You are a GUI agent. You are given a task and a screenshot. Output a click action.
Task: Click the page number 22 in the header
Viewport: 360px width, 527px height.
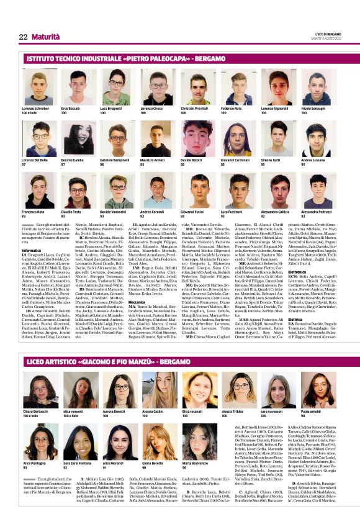[x=23, y=37]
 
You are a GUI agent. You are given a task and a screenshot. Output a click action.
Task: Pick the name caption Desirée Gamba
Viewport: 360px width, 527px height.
[x=72, y=160]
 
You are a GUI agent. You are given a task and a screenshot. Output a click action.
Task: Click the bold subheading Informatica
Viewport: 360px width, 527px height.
[x=32, y=250]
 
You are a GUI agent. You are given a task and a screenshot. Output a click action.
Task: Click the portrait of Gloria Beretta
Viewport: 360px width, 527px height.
[x=156, y=441]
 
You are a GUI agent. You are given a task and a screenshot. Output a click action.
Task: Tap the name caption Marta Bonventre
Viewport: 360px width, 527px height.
[x=194, y=463]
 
